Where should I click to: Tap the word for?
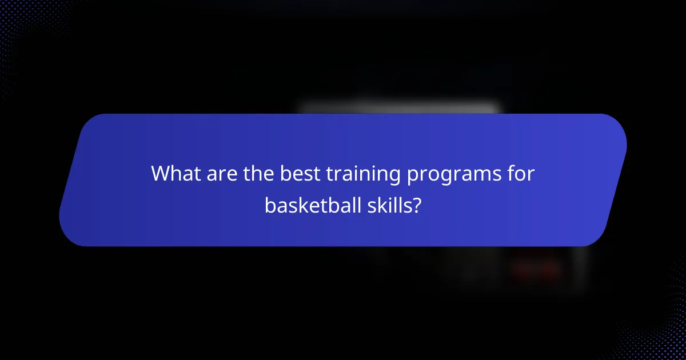[521, 174]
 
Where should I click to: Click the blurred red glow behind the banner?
[535, 269]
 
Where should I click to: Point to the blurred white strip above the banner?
[400, 106]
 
